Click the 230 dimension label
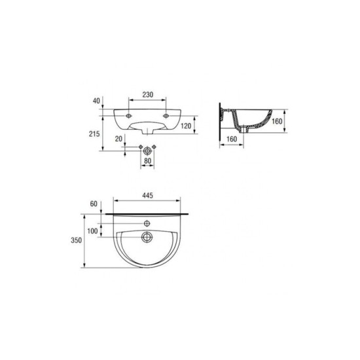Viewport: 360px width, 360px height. (x=148, y=95)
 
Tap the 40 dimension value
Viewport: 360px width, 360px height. (x=96, y=101)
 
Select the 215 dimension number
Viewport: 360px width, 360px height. (x=94, y=134)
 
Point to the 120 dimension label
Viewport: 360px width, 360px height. (x=186, y=126)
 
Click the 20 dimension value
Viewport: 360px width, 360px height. (x=118, y=139)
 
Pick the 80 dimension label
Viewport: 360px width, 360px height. (x=147, y=161)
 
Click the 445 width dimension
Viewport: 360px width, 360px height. (x=147, y=196)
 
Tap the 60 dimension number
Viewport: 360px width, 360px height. (x=94, y=204)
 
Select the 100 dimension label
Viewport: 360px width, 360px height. (x=92, y=231)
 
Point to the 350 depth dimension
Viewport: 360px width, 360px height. (x=76, y=240)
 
